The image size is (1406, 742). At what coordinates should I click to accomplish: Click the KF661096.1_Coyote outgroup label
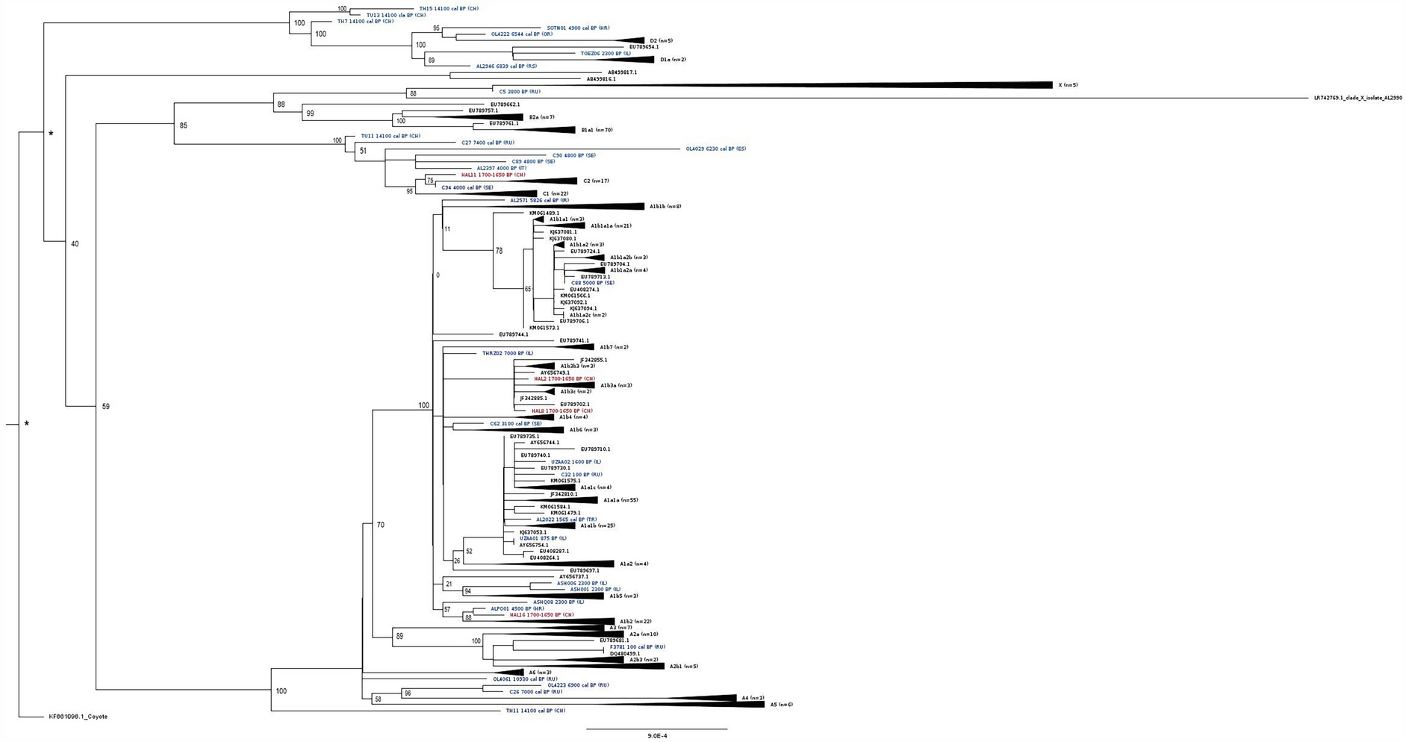(78, 717)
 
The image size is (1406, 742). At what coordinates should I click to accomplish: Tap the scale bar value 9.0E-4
(657, 736)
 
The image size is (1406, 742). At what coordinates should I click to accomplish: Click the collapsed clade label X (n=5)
(1068, 85)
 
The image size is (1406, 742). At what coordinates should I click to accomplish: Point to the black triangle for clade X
(971, 85)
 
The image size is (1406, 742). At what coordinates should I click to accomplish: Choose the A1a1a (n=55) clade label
(620, 500)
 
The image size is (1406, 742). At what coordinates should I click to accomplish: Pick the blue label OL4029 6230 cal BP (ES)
(715, 149)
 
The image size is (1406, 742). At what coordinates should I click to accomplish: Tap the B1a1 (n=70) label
(597, 130)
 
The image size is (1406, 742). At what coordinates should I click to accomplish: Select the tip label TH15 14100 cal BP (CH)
(448, 9)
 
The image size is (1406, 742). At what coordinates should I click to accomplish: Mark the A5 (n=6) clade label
(781, 705)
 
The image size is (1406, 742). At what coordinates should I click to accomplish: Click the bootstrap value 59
(105, 407)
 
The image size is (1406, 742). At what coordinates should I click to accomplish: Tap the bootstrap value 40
(75, 244)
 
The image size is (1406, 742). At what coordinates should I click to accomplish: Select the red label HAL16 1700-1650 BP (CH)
(541, 615)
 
